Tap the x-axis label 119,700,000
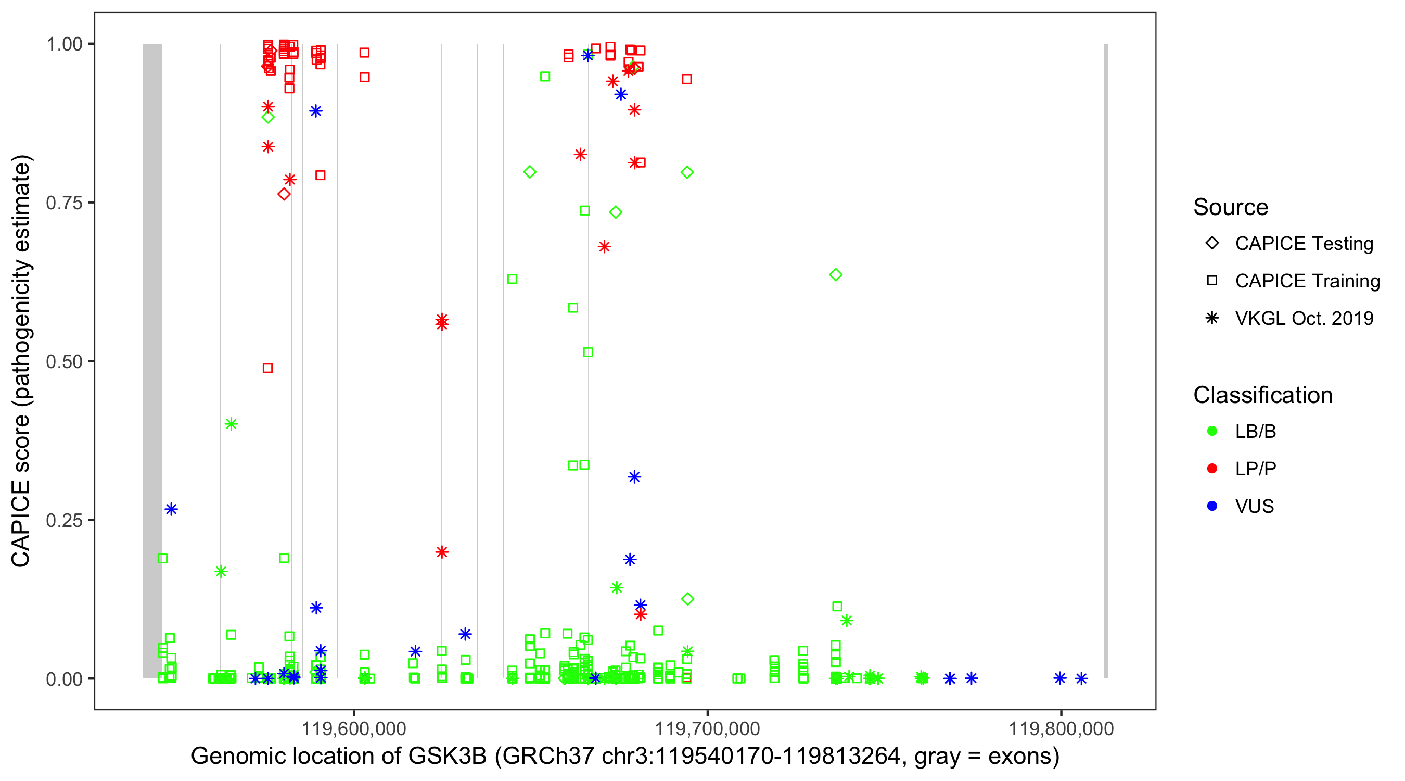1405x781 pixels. tap(707, 728)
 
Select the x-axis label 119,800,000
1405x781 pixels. tap(1061, 728)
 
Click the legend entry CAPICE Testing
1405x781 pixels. tap(1304, 244)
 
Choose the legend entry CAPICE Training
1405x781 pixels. tap(1307, 281)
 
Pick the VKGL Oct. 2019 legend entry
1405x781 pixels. tap(1304, 318)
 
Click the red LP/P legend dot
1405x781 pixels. tap(1212, 469)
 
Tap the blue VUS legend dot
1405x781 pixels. tap(1212, 507)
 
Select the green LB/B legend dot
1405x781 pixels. tap(1212, 431)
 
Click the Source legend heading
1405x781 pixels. tap(1231, 207)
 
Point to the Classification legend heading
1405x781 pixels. tap(1262, 395)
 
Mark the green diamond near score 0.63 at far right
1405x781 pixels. tap(836, 274)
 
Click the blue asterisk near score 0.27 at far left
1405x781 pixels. tap(171, 509)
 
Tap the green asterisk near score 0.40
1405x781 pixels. tap(231, 424)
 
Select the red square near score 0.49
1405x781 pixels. tap(268, 369)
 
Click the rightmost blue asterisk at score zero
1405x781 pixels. tap(1081, 678)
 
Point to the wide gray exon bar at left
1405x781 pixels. tap(152, 360)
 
